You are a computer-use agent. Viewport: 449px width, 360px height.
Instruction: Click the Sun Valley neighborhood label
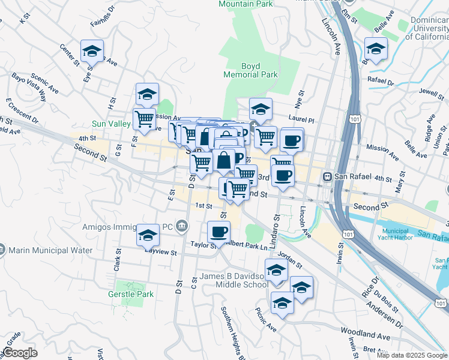(111, 124)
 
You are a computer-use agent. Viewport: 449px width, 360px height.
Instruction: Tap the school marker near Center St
(92, 52)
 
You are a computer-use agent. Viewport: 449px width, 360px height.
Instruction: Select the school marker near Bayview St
(148, 236)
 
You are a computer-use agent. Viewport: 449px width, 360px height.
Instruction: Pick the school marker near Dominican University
(376, 49)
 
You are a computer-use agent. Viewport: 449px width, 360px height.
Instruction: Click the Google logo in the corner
(19, 353)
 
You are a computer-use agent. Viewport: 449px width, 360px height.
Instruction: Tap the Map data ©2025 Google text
(412, 355)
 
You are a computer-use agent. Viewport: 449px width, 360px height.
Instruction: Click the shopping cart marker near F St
(144, 119)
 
